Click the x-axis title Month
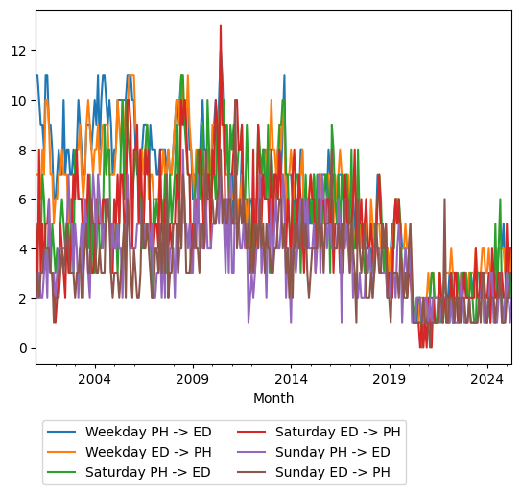(x=273, y=398)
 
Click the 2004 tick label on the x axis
(x=95, y=379)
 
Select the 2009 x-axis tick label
(x=193, y=379)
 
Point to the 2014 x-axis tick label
(x=292, y=379)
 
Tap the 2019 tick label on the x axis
(x=390, y=379)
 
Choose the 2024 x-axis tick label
(x=487, y=379)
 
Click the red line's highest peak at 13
(x=221, y=26)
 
